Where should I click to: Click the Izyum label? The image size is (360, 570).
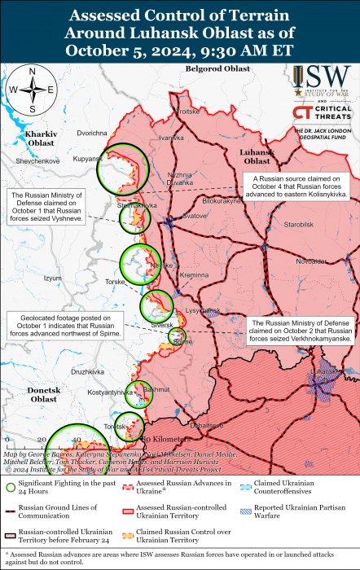pos(52,278)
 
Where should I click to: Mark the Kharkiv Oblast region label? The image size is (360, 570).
pos(40,138)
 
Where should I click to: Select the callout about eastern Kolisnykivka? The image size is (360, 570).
pos(300,186)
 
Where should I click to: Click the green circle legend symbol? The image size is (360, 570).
pos(11,488)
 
